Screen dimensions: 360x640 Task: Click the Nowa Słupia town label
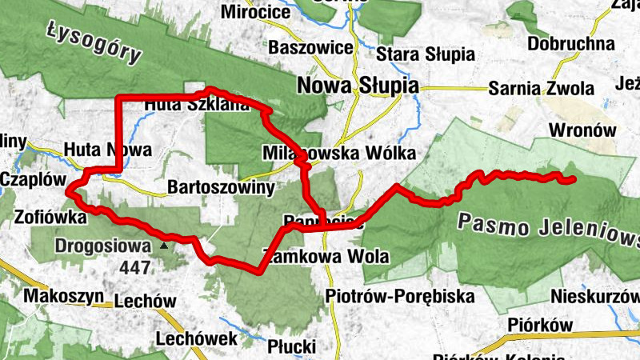357,86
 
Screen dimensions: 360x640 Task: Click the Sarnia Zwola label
542,88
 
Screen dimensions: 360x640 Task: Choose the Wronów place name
582,130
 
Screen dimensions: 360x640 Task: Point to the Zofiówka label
50,216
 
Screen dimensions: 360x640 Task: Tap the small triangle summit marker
164,245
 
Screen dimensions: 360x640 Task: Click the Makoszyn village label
64,297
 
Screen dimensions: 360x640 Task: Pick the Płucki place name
292,346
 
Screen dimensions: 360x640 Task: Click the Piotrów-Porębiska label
400,297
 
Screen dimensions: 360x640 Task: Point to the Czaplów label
32,178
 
